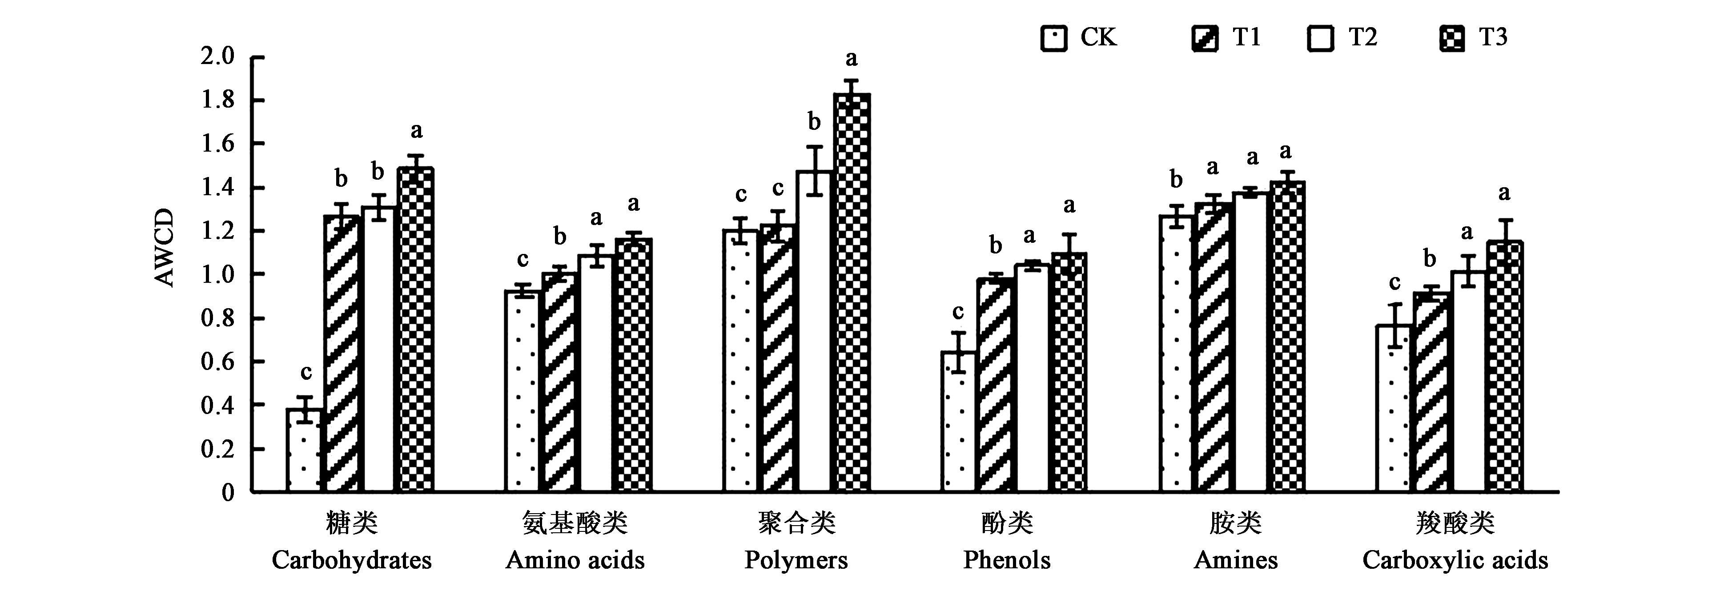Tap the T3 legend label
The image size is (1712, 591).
point(1493,37)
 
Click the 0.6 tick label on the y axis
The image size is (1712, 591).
point(218,362)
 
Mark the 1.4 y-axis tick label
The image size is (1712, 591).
point(218,188)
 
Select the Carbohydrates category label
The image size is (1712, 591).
point(352,560)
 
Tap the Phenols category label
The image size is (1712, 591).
point(1007,560)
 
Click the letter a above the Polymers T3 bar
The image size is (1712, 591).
point(852,59)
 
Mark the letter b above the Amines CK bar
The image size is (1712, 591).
point(1176,180)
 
